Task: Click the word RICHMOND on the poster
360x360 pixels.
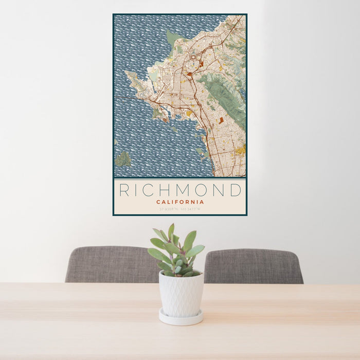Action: tap(180, 190)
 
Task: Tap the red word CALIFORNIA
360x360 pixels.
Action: tap(180, 202)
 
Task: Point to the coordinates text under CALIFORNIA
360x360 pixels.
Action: tap(180, 209)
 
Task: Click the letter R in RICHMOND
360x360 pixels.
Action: tap(124, 190)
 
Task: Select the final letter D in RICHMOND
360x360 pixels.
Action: tap(236, 190)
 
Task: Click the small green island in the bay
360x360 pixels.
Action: tap(122, 159)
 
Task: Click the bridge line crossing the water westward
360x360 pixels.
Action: tap(129, 98)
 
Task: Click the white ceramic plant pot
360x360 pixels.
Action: tap(181, 294)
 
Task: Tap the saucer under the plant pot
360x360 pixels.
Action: tap(181, 318)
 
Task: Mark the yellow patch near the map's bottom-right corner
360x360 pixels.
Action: tap(240, 150)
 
